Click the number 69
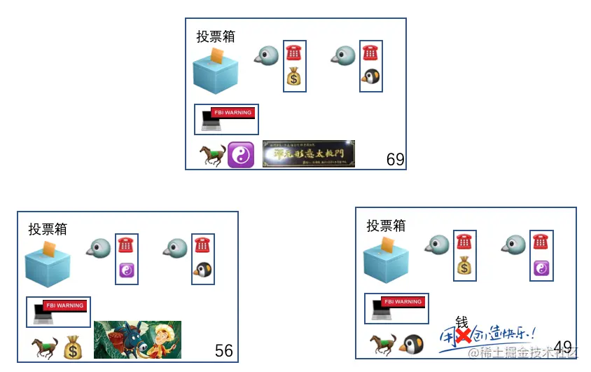click(396, 160)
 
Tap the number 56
click(224, 351)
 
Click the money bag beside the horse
click(74, 347)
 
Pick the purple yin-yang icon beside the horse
click(240, 155)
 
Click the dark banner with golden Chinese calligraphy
click(308, 153)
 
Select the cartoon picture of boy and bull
click(137, 339)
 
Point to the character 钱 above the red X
click(461, 322)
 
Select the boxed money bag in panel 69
click(294, 77)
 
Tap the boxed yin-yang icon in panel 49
click(541, 268)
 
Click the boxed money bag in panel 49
click(465, 266)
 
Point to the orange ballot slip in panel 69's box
click(218, 55)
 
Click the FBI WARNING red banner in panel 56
click(64, 305)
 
